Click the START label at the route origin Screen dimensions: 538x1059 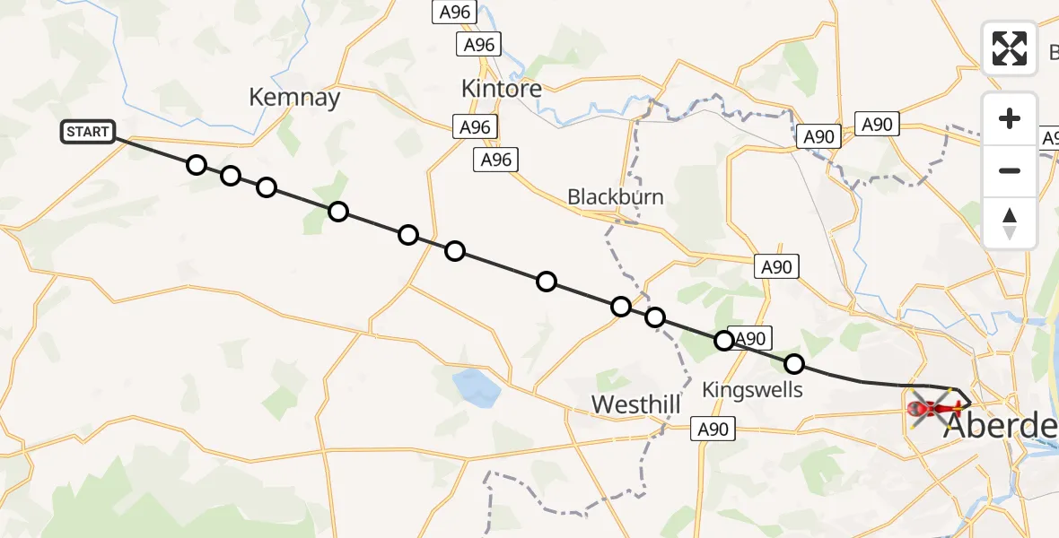click(88, 132)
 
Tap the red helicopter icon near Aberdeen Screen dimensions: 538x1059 click(934, 409)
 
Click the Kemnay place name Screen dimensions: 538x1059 click(294, 98)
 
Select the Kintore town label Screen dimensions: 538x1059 click(501, 89)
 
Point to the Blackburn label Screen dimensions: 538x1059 click(616, 196)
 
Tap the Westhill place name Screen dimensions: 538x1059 click(635, 405)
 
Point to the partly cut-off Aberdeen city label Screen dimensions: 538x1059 click(1001, 428)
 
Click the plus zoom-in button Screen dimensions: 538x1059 click(1010, 118)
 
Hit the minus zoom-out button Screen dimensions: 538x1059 click(1010, 170)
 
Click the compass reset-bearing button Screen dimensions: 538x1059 click(1010, 222)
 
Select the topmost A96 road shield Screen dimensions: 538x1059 click(453, 12)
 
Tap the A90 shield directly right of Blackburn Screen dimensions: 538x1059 click(776, 266)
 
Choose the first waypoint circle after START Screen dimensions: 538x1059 click(197, 165)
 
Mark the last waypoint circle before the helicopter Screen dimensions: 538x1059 click(794, 364)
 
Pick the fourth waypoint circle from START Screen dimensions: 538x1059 click(337, 212)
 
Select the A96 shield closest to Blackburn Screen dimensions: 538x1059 click(495, 160)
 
